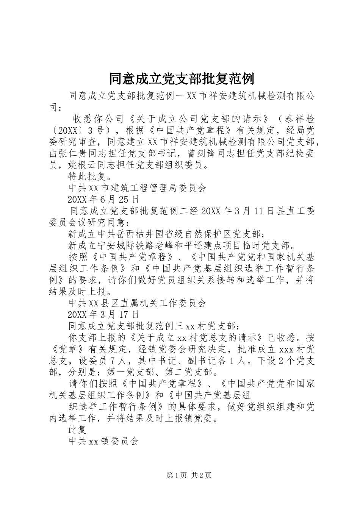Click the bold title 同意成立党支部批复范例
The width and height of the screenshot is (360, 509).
click(182, 79)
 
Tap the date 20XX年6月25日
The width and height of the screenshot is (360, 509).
click(103, 199)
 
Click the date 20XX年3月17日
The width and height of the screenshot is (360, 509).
click(103, 314)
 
